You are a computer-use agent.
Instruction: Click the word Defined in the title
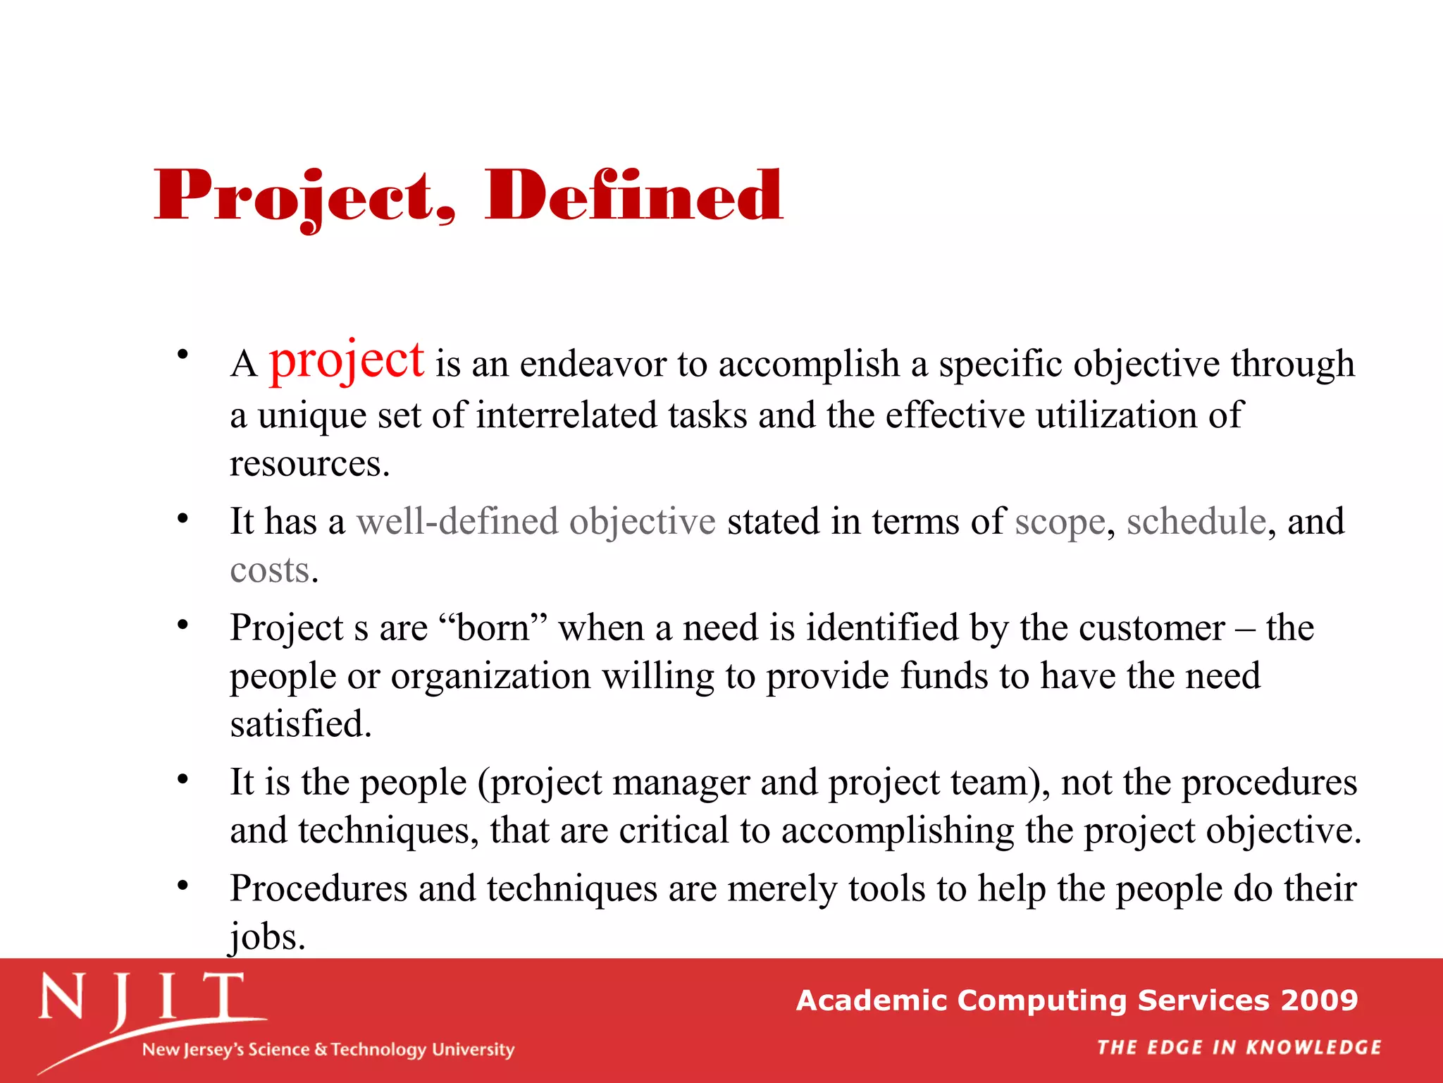633,195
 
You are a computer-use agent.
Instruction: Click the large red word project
347,360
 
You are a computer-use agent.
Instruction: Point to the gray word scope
1060,523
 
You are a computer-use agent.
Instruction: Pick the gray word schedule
1196,522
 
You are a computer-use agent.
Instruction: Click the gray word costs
270,570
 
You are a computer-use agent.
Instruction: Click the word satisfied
300,724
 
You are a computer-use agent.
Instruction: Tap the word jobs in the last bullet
266,938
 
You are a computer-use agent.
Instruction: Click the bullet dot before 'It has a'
182,519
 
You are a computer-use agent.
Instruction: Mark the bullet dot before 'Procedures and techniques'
182,886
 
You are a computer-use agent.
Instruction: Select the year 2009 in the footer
1319,1001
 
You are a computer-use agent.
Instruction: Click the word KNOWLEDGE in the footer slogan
1313,1048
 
